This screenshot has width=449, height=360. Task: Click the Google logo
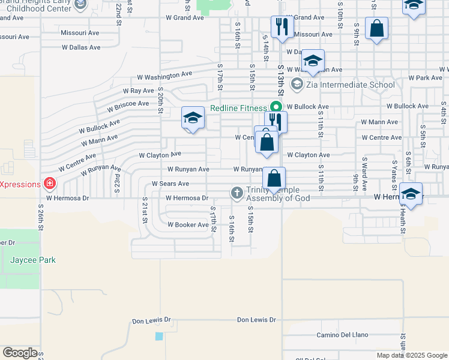pos(20,352)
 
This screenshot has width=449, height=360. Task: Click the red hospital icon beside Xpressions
pos(51,183)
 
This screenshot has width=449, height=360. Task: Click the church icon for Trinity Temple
pos(237,193)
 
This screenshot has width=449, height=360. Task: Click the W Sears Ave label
pos(170,184)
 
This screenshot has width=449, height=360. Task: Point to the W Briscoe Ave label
pos(128,106)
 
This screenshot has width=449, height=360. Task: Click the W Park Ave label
pos(425,78)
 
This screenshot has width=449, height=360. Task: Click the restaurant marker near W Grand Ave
pos(280,26)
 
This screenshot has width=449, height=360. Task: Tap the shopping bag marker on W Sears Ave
pos(274,178)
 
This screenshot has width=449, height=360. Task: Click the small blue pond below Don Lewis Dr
pos(159,336)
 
